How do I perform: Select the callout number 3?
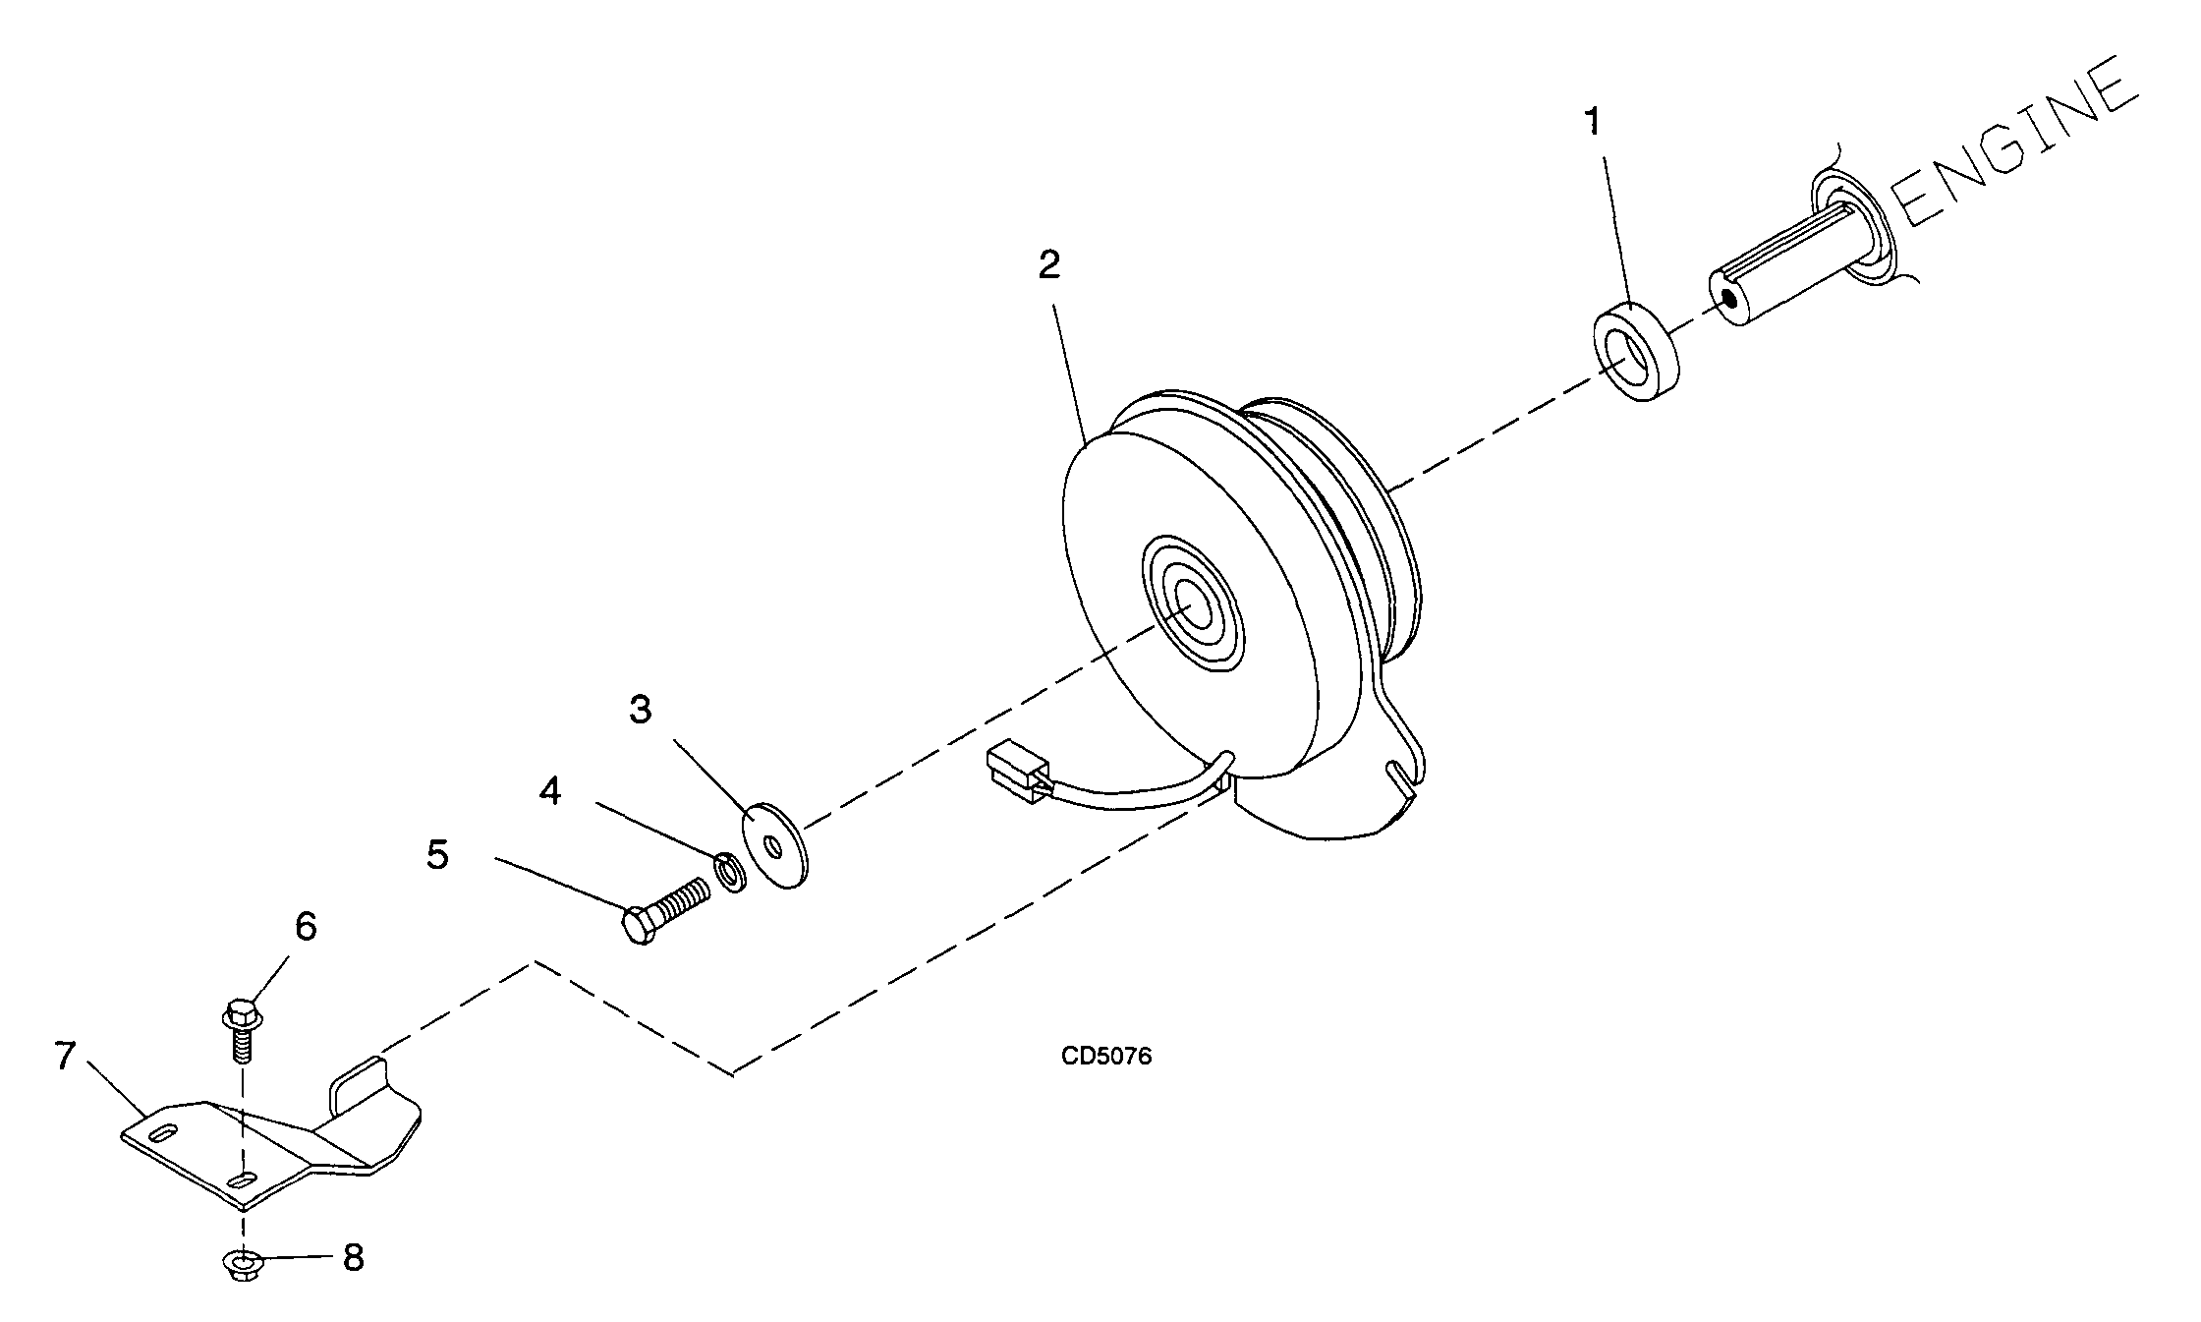coord(641,709)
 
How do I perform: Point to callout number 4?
coord(550,790)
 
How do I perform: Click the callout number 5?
coord(437,854)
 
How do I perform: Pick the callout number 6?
coord(306,926)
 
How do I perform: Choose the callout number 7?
coord(65,1057)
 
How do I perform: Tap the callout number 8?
coord(353,1257)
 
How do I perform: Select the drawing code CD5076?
coord(1106,1057)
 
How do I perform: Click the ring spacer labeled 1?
coord(1634,354)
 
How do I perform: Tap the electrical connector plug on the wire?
coord(1015,768)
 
